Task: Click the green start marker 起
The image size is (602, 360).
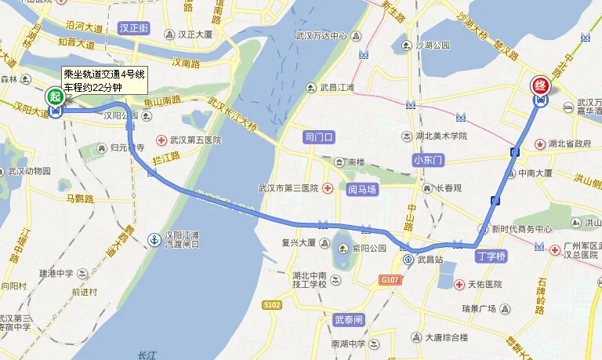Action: click(54, 97)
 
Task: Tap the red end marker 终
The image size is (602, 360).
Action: click(540, 85)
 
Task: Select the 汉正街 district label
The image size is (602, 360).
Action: click(134, 27)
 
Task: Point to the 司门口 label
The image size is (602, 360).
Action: click(319, 137)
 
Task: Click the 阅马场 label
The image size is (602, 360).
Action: click(362, 189)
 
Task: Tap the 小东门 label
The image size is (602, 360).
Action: click(427, 160)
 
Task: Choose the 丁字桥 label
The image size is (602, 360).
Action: click(491, 256)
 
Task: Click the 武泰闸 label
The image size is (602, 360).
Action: click(349, 320)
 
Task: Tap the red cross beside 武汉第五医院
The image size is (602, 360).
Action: click(161, 140)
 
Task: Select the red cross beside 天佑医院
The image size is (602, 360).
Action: click(460, 284)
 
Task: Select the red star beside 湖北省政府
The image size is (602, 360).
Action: click(539, 144)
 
